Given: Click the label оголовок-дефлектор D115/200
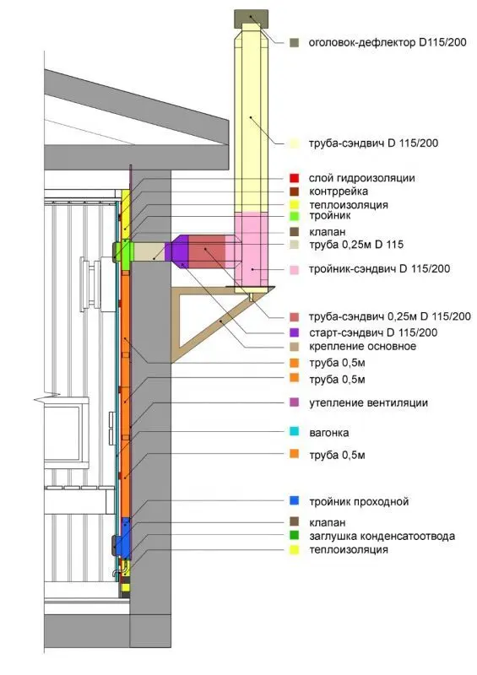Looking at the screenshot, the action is pos(388,43).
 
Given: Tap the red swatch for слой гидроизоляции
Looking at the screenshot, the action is pos(295,178).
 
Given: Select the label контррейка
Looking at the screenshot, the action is pos(339,192).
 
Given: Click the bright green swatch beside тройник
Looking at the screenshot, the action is pos(295,216).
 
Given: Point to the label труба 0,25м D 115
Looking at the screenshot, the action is pos(356,245).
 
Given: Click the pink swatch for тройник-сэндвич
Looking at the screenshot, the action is pos(295,270).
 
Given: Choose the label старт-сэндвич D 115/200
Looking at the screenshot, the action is pos(373,332).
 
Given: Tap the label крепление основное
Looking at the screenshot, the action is pos(362,347).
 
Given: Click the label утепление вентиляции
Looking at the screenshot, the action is pos(368,403).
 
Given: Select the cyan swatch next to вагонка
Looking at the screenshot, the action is pos(295,431).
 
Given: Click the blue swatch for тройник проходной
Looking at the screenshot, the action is pos(295,500).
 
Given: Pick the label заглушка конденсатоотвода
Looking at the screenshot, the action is pos(382,537).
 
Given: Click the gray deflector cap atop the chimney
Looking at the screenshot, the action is pos(252,19).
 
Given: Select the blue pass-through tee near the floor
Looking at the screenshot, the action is pos(125,537).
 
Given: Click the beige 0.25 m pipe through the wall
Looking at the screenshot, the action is pos(149,251).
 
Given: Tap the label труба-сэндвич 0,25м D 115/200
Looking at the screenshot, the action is pos(390,317).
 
